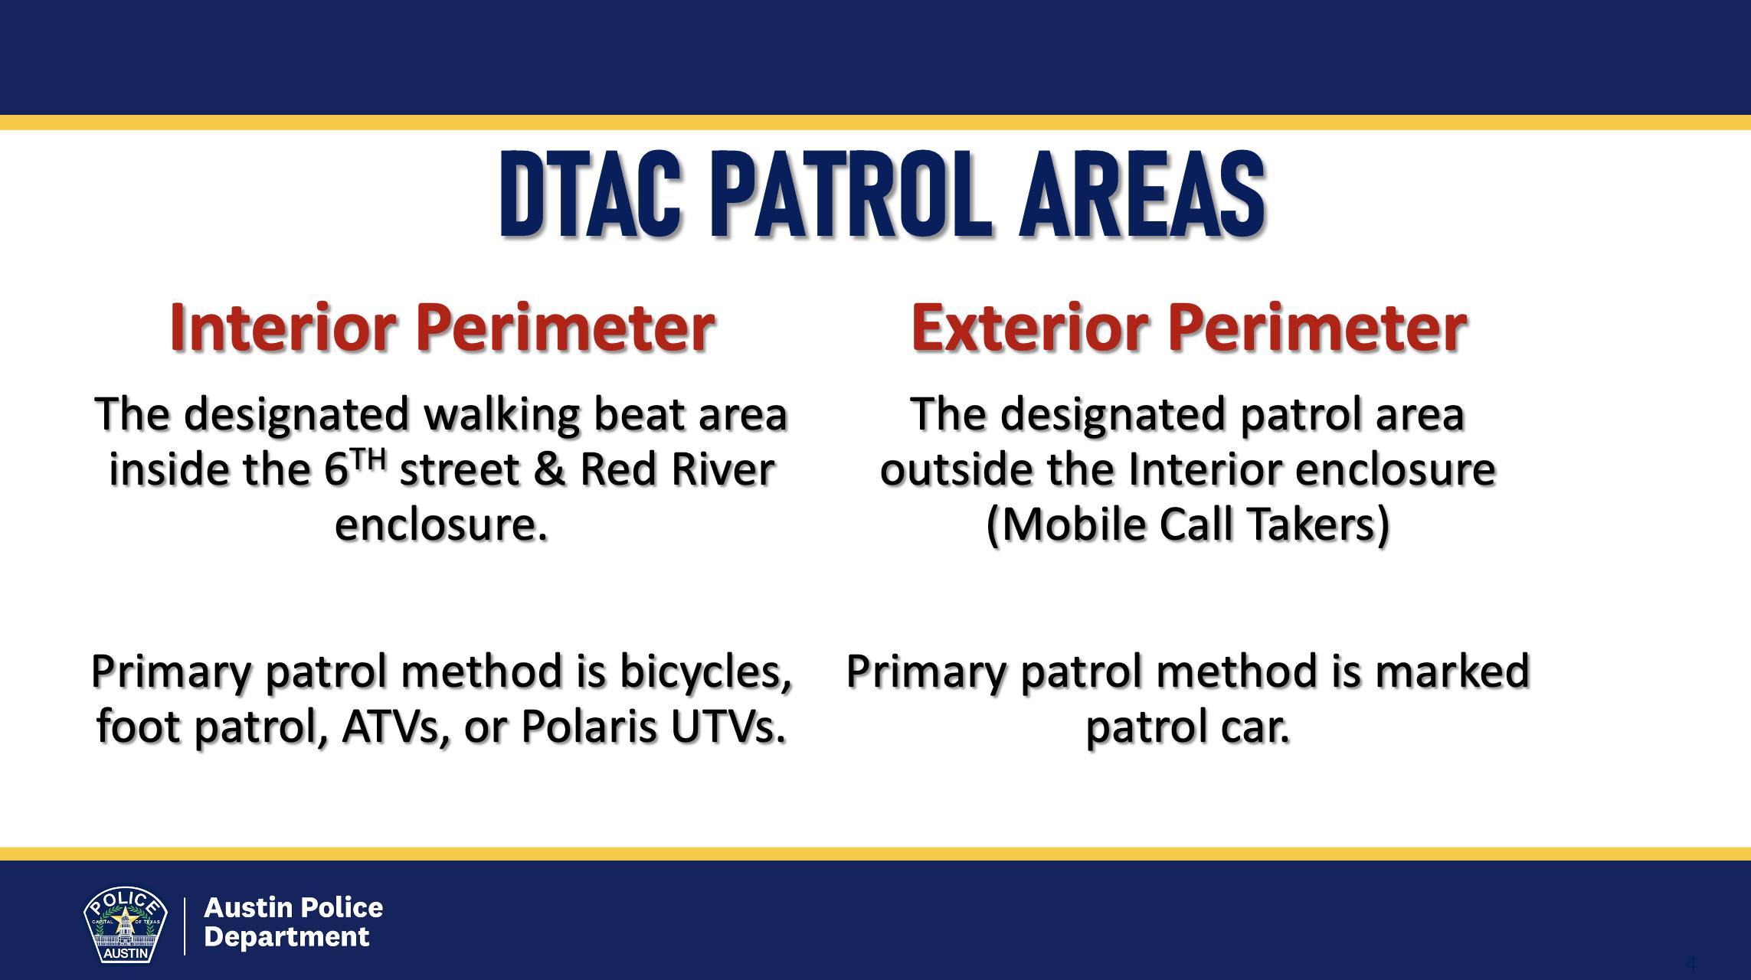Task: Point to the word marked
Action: tap(1452, 671)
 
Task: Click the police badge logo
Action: tap(126, 925)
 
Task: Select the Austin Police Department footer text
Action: tap(293, 922)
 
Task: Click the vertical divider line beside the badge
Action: tap(185, 926)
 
